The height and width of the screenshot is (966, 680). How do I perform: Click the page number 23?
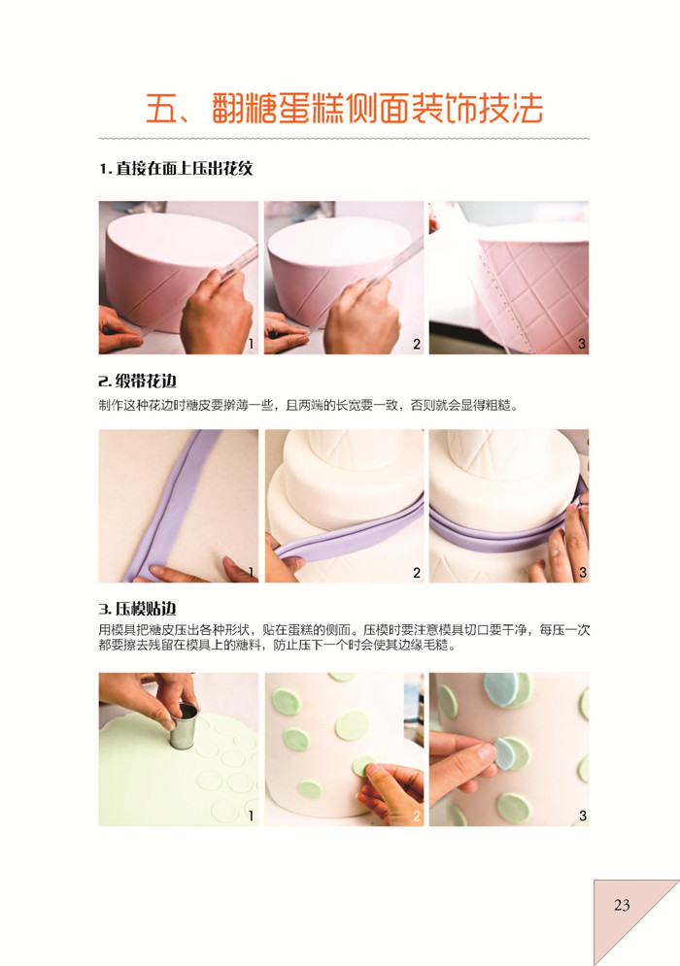coord(622,905)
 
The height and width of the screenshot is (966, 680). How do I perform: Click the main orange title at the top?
coord(344,109)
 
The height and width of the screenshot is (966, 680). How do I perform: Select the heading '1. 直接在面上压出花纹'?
coord(177,168)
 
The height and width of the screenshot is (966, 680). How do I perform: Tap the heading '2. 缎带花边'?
coord(138,382)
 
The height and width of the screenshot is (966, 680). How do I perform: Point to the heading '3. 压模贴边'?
coord(138,609)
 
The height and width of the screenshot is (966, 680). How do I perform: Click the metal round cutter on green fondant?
coord(184,726)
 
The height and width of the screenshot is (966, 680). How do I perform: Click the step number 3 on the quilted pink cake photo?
coord(581,344)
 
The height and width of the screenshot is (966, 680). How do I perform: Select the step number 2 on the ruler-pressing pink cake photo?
coord(416,344)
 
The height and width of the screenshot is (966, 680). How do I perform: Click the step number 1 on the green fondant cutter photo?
coord(251,816)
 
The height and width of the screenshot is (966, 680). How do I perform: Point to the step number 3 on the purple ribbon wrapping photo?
coord(582,573)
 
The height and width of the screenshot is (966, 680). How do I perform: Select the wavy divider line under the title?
coord(344,139)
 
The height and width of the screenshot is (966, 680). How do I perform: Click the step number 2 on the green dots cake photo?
coord(416,816)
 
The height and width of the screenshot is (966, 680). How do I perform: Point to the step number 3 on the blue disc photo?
coord(582,816)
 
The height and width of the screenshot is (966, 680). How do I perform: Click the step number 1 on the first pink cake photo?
coord(251,344)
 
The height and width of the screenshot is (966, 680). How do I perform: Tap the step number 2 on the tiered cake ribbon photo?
coord(416,573)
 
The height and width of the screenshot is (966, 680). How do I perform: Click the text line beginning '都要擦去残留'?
coord(277,646)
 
